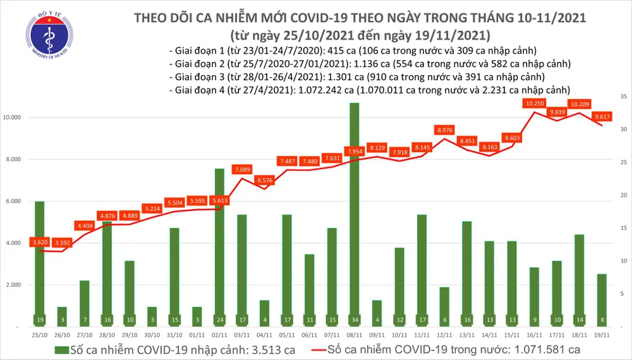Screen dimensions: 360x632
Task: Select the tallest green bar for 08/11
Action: (355, 215)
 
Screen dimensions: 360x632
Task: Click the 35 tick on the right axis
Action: (623, 97)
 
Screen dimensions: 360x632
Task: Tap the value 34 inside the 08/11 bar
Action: (355, 319)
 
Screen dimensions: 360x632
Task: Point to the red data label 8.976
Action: (444, 130)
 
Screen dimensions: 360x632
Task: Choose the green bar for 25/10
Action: (40, 262)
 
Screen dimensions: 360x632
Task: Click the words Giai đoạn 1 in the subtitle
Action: (200, 51)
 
